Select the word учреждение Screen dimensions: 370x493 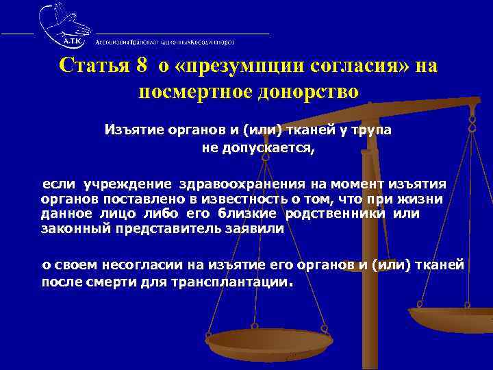point(128,184)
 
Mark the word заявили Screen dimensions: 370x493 point(253,230)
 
